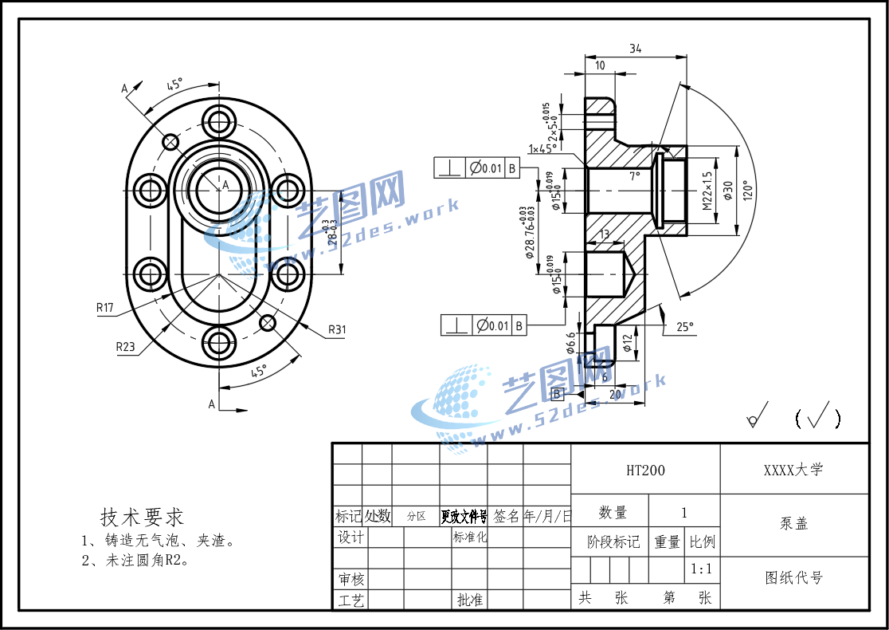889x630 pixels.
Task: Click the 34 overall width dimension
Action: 635,49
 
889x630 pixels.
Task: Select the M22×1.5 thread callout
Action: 707,191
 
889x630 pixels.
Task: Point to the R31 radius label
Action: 338,329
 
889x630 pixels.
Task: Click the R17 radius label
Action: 105,307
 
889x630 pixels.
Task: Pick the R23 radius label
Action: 125,346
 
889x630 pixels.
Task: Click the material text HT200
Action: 645,471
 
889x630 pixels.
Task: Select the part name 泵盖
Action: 793,524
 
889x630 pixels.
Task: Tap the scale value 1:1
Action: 701,569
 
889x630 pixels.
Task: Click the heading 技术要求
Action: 142,516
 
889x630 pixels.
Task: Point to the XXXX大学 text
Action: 793,470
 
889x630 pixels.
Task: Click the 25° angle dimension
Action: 685,326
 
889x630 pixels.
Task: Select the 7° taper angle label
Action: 634,175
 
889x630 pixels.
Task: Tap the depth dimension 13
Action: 604,234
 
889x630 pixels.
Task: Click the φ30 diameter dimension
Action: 727,191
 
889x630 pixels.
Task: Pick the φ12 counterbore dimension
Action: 628,343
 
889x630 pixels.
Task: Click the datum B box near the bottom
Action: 558,393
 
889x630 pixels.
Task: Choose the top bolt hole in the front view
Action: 218,122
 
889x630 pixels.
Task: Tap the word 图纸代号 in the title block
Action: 793,578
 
